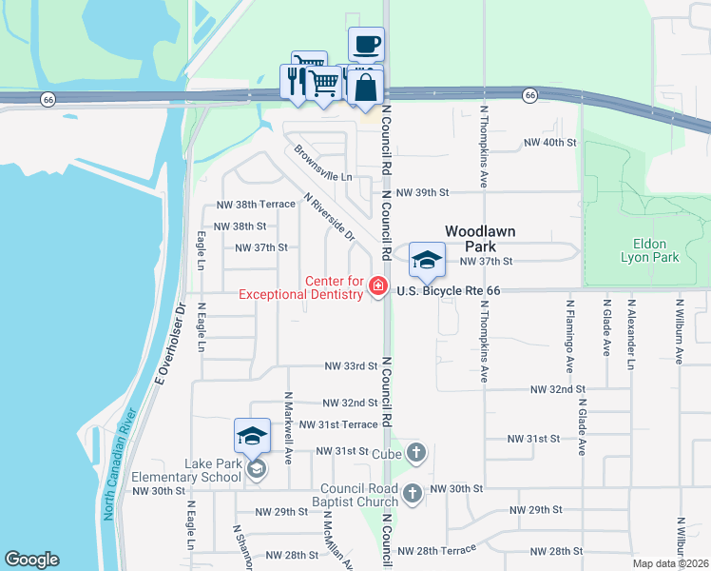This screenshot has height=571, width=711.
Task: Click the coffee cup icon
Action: (366, 44)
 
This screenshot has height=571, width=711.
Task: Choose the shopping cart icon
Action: (323, 85)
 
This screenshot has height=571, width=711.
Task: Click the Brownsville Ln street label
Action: (323, 163)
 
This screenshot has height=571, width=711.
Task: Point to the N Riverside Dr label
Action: (329, 218)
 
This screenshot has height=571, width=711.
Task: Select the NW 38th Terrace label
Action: (256, 205)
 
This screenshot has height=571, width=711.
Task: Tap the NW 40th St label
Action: (550, 143)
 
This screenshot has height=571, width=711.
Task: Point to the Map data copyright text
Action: (669, 563)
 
